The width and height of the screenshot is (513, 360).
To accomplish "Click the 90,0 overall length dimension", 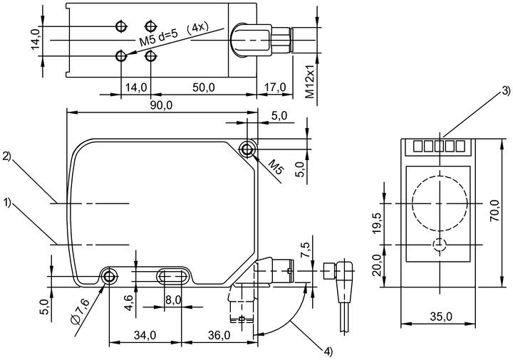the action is [161, 105].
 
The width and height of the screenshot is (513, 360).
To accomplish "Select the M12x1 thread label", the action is [309, 81].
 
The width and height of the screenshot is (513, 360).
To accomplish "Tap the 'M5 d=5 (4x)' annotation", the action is [174, 35].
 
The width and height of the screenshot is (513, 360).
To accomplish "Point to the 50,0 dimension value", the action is [204, 88].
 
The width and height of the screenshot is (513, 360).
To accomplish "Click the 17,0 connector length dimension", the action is [275, 88].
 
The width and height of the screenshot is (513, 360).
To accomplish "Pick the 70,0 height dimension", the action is [494, 211].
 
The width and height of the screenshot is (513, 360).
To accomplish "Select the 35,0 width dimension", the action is [441, 316].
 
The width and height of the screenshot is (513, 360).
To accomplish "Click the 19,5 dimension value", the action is [377, 224].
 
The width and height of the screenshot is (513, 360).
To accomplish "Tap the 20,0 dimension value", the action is [377, 265].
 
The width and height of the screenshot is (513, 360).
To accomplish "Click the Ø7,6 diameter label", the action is [80, 312].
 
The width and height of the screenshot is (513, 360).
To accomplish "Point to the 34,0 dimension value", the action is [145, 335].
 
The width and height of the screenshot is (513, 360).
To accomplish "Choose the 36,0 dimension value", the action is [219, 335].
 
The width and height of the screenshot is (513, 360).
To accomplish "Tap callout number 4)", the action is [328, 351].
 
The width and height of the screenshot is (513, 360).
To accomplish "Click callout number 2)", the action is [6, 157].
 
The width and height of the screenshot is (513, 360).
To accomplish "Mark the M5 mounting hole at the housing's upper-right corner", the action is [247, 149].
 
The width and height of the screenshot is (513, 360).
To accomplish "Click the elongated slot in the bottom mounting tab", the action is [172, 276].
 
